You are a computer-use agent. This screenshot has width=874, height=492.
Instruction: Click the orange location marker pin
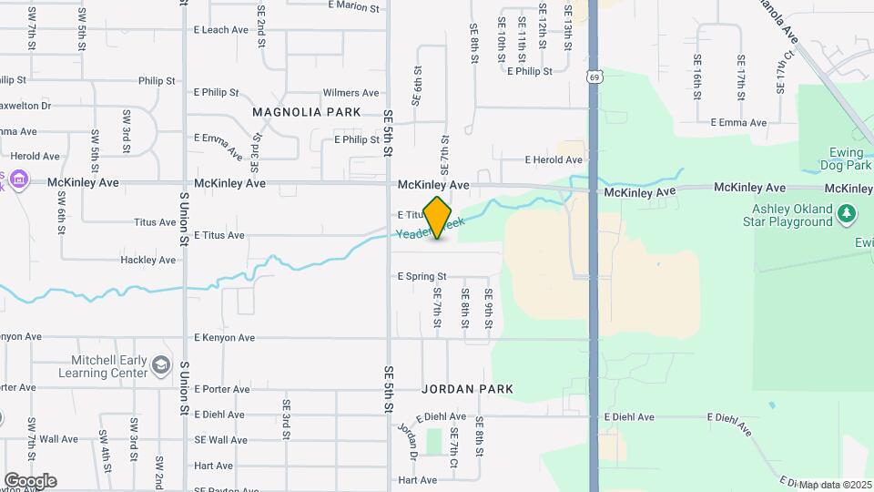438,218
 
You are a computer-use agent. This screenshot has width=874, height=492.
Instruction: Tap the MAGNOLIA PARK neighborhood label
307,112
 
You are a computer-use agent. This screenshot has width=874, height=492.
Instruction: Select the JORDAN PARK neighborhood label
467,389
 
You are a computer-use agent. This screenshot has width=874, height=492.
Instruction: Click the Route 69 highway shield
594,77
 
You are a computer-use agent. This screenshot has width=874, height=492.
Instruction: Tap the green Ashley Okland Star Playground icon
848,213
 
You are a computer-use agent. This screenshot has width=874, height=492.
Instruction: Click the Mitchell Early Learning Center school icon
161,364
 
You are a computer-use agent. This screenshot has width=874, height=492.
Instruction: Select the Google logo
30,480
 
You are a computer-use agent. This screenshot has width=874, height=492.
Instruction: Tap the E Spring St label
422,276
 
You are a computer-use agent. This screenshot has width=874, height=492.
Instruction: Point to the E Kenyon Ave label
222,338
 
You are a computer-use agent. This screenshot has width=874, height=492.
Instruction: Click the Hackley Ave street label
148,261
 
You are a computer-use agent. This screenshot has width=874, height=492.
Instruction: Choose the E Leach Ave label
221,30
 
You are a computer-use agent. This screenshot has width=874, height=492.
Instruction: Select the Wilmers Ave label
351,93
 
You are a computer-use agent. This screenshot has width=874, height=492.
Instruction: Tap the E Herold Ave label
554,160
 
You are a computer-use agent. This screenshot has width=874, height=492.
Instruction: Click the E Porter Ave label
221,389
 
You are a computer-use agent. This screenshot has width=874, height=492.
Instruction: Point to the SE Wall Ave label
220,440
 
